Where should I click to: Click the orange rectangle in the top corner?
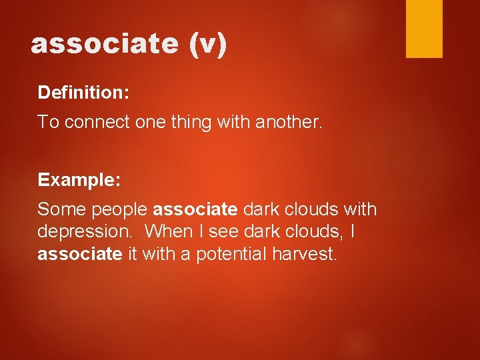click(x=424, y=28)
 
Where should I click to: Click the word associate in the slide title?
click(x=104, y=44)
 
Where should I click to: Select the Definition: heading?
click(x=83, y=92)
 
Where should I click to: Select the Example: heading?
click(x=79, y=180)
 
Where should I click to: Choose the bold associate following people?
click(x=195, y=209)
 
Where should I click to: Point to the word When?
click(x=167, y=231)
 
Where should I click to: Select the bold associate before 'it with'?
click(x=80, y=253)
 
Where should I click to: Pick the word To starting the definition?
click(x=46, y=122)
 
